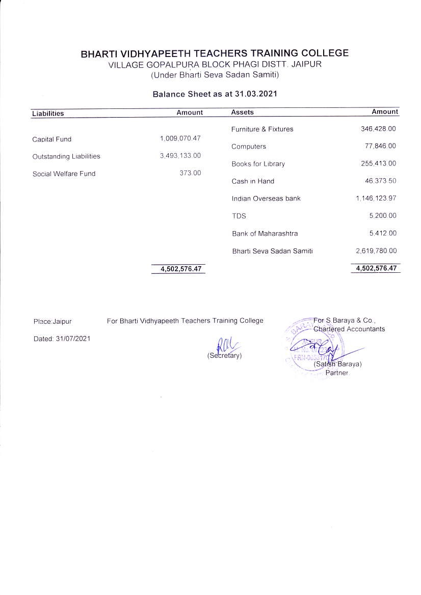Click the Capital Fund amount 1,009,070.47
pyautogui.click(x=180, y=138)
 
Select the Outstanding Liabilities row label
pyautogui.click(x=66, y=156)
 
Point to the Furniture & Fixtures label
pyautogui.click(x=262, y=129)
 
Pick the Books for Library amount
pyautogui.click(x=378, y=163)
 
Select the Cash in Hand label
pyautogui.click(x=253, y=181)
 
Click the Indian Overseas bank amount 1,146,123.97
pyautogui.click(x=376, y=198)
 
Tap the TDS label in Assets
pyautogui.click(x=239, y=216)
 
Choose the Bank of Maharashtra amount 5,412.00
pyautogui.click(x=383, y=233)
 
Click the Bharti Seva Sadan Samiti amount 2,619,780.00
pyautogui.click(x=376, y=250)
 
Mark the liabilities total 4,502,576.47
pyautogui.click(x=178, y=269)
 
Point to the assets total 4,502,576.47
pyautogui.click(x=376, y=268)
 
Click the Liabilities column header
pyautogui.click(x=48, y=114)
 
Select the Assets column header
pyautogui.click(x=242, y=112)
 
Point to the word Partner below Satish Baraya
pyautogui.click(x=336, y=373)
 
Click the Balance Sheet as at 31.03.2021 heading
pyautogui.click(x=215, y=94)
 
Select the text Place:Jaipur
pyautogui.click(x=52, y=321)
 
